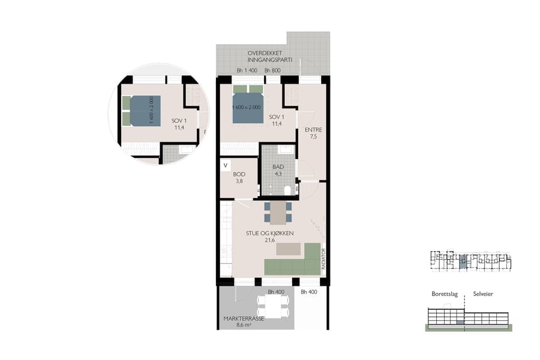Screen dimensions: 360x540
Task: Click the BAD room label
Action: point(278,167)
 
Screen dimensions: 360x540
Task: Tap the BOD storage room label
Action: point(239,174)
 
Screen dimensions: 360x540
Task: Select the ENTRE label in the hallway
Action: point(313,130)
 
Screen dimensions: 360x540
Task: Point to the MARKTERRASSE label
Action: point(242,319)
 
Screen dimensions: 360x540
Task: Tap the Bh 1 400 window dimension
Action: point(247,71)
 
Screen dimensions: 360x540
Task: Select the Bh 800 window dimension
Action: point(272,71)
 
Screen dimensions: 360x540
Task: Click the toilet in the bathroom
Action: point(287,190)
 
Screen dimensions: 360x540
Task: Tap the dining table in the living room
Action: point(278,212)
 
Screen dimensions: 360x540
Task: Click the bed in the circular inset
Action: point(145,111)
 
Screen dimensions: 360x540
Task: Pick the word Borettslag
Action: point(445,295)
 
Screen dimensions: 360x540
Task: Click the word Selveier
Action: point(484,295)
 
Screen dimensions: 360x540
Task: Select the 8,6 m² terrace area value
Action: point(242,326)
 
